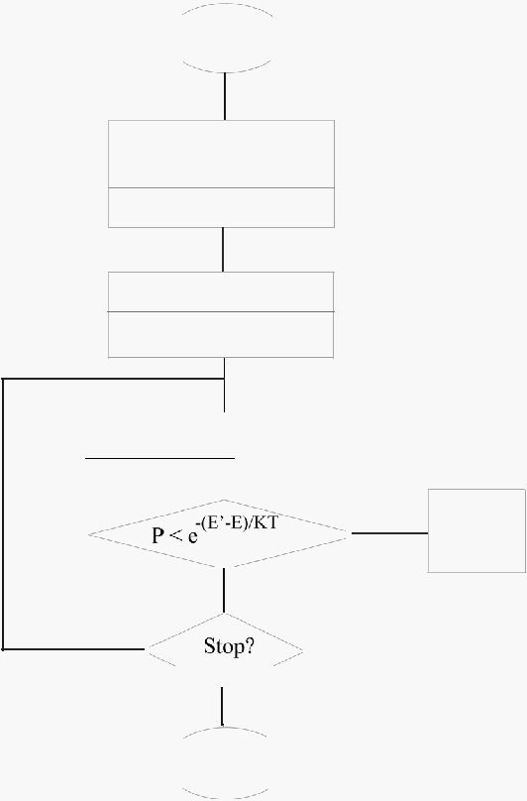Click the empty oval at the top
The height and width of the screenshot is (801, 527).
pos(227,5)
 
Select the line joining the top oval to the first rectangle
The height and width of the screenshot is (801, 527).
pos(225,96)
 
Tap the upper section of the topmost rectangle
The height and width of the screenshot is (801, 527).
pos(221,154)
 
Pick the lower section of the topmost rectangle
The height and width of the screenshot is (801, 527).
pos(221,207)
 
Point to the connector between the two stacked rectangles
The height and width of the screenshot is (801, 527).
pos(223,249)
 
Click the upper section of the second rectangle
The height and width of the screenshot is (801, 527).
pos(221,291)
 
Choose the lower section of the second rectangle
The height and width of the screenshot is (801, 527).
pos(221,335)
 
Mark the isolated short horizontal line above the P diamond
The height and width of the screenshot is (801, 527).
pos(159,458)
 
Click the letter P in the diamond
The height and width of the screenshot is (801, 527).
pos(158,535)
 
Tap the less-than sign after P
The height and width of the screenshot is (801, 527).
pos(175,536)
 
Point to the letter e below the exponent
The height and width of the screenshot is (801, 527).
pos(192,537)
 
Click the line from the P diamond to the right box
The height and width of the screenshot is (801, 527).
pos(389,533)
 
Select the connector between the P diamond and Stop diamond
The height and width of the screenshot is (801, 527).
pos(224,590)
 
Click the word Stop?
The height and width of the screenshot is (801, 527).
pos(229,646)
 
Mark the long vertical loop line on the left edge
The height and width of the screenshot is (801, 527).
pos(3,514)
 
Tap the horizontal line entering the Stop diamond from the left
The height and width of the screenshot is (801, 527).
pos(73,649)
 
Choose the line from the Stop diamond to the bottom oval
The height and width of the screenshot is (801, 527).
pos(222,706)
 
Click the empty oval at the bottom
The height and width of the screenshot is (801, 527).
pos(225,728)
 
